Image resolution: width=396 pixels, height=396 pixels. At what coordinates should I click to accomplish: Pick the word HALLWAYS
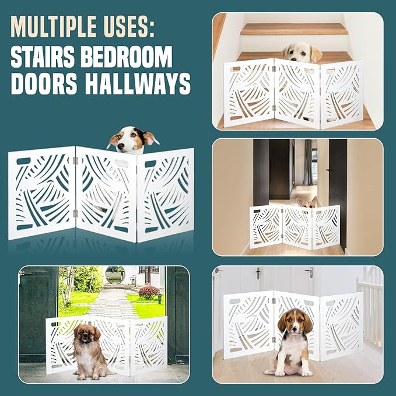[x=139, y=85]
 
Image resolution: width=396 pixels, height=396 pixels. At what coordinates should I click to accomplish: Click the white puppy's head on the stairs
[x=302, y=52]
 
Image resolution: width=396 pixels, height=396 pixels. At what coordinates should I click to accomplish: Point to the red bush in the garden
[x=149, y=292]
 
